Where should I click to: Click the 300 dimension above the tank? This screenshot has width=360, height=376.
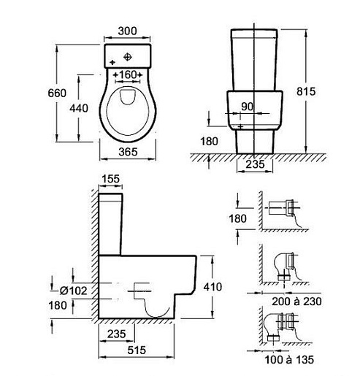[x=127, y=31]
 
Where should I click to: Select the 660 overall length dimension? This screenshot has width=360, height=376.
[x=57, y=93]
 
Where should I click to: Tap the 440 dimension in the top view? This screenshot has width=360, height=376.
[x=79, y=108]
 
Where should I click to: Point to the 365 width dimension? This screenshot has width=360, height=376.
[x=128, y=152]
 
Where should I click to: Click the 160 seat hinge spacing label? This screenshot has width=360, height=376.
[x=128, y=74]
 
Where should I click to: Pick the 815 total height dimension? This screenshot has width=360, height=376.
[x=306, y=91]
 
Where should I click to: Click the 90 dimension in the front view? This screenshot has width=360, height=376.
[x=248, y=107]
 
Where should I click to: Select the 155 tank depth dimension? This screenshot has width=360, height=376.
[x=111, y=179]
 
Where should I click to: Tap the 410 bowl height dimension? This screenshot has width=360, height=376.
[x=212, y=287]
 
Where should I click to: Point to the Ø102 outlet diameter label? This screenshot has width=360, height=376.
[x=74, y=291]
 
